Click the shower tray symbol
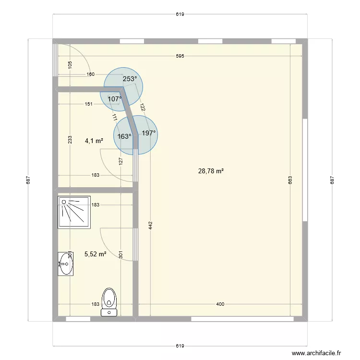(73, 213)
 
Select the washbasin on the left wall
(65, 264)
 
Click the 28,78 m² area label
(211, 170)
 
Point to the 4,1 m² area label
(94, 141)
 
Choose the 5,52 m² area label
(95, 254)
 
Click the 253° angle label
(130, 79)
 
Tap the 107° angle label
(115, 99)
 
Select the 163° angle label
(124, 136)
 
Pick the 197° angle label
(149, 133)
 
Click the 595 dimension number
(180, 56)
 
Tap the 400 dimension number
(220, 304)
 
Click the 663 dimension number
(290, 180)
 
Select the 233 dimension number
(70, 140)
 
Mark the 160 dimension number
(90, 74)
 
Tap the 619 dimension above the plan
(180, 14)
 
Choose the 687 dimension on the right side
(332, 180)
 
